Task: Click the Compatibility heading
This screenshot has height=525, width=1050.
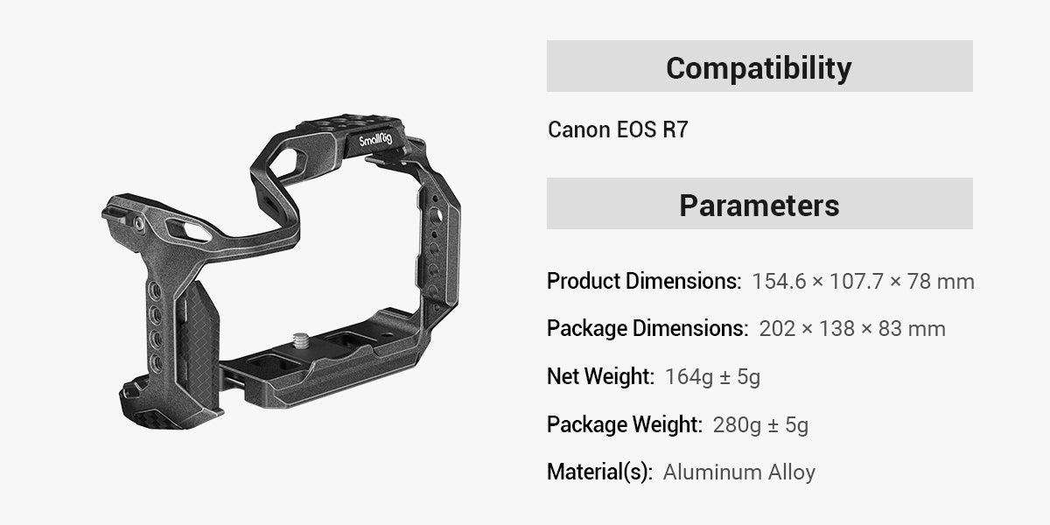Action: [x=759, y=67]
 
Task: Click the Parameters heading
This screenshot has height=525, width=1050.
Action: [x=759, y=205]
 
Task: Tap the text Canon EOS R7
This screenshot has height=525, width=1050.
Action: [x=618, y=130]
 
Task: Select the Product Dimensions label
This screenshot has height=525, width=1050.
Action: [x=644, y=282]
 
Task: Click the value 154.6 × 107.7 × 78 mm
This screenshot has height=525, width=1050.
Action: [x=863, y=282]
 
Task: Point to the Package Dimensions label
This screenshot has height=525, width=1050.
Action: [x=647, y=329]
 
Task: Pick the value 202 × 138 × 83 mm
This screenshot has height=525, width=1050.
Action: [x=852, y=329]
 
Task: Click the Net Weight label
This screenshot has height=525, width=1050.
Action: [x=600, y=377]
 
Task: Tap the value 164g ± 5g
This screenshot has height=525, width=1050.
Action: [x=712, y=377]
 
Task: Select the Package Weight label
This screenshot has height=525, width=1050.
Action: [x=625, y=425]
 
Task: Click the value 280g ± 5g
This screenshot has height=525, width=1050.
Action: [x=760, y=425]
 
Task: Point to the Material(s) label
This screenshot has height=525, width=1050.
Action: [x=599, y=472]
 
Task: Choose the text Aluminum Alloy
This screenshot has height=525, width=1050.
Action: [x=739, y=472]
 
